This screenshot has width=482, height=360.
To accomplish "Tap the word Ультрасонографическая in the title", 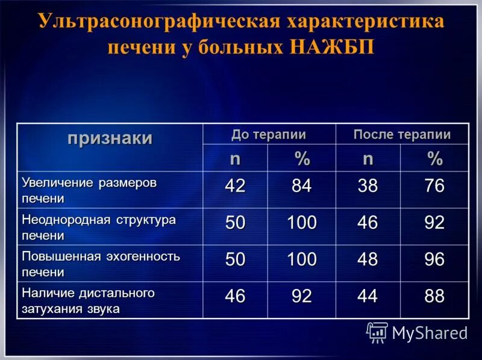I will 158,22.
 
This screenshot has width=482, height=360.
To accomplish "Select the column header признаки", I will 110,138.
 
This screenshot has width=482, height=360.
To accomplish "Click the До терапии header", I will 269,134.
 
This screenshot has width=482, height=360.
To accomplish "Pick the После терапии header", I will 402,134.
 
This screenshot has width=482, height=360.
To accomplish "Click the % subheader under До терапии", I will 302,159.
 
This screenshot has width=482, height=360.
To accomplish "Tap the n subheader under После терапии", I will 368,159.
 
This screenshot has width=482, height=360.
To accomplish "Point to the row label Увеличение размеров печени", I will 89,190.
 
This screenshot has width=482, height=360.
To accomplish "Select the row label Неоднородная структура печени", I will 99,226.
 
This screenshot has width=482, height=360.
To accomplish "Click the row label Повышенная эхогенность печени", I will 101,263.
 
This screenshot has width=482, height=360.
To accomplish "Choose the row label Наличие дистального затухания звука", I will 88,300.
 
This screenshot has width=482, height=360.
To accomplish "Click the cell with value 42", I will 235,187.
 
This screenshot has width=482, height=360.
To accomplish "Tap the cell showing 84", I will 301,187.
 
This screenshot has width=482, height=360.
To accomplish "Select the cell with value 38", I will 368,187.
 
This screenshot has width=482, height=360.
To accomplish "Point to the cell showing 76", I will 434,187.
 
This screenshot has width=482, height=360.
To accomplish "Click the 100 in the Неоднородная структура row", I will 301,223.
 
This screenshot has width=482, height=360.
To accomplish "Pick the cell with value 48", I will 368,260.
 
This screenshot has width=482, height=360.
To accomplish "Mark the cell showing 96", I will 434,260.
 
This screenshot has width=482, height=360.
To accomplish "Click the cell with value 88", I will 434,297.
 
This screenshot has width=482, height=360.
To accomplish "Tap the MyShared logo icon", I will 377,332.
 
